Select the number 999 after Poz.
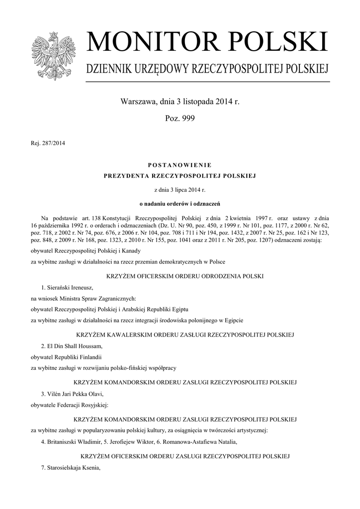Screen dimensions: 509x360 click(x=187, y=118)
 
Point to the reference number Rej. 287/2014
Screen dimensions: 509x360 click(x=48, y=144)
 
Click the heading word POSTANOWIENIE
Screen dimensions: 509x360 click(x=180, y=165)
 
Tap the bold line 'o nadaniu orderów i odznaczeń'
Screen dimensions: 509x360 click(x=180, y=203)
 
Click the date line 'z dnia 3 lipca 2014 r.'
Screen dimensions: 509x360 click(x=180, y=190)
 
